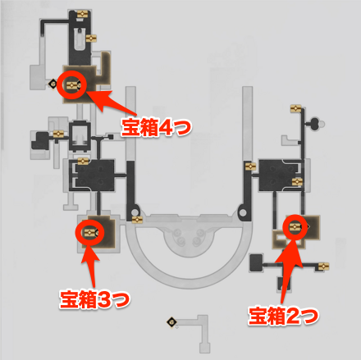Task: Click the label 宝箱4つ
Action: pos(157,128)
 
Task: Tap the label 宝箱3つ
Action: pos(95,299)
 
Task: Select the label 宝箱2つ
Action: pos(284,316)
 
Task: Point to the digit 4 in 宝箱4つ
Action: pos(165,128)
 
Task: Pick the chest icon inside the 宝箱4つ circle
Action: pos(71,85)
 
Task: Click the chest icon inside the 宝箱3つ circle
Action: pos(89,233)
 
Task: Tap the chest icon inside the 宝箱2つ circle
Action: pos(295,226)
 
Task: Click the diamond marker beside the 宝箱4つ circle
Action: pos(53,84)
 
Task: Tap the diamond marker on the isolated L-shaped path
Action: pos(171,322)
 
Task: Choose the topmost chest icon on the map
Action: pos(82,14)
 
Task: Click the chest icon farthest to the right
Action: pos(323,267)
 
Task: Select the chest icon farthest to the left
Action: pos(58,134)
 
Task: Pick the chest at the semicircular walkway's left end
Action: pos(137,220)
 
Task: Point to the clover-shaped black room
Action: pos(315,124)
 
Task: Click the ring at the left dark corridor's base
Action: pos(135,212)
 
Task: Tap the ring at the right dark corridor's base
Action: pos(243,211)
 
